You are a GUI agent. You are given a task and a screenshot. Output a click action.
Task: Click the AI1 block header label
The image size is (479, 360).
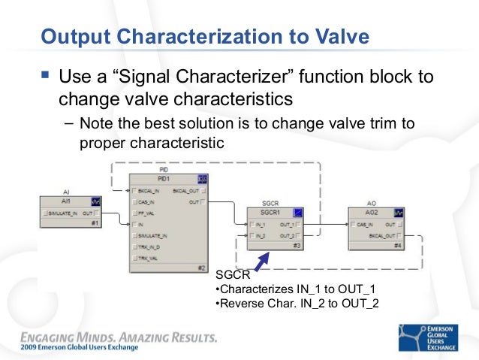tap(67, 201)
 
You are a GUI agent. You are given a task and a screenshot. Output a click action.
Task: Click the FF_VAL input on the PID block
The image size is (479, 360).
tap(144, 213)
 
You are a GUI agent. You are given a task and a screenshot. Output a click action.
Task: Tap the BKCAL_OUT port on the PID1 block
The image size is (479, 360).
tap(188, 191)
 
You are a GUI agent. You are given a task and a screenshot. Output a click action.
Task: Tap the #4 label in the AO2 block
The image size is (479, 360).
tap(399, 245)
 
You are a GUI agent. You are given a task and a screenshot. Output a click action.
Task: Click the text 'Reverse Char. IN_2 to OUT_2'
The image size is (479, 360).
tap(297, 303)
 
